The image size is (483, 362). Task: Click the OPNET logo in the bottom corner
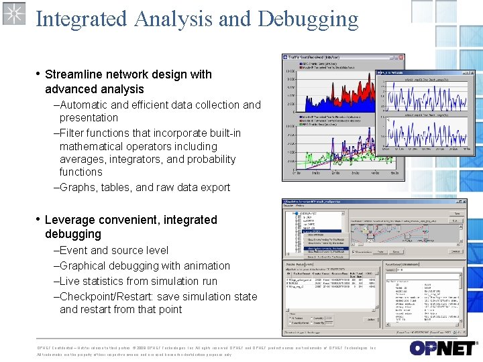pyautogui.click(x=442, y=348)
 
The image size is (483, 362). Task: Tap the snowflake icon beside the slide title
pyautogui.click(x=13, y=13)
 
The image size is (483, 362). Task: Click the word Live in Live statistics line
pyautogui.click(x=70, y=281)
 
